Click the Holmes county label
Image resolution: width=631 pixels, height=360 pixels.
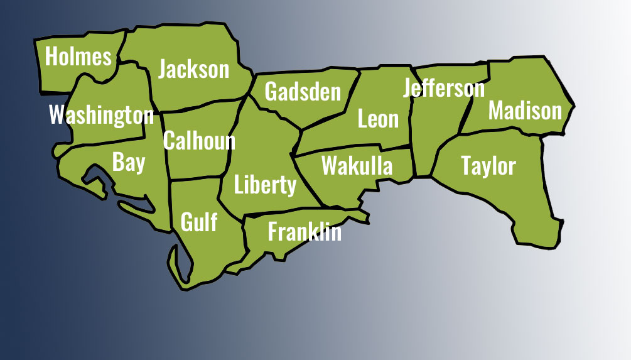tap(78, 57)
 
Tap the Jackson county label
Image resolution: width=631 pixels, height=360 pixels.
tap(194, 69)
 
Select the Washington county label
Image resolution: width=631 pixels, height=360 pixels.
tap(101, 115)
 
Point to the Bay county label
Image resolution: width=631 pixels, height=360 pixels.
tap(129, 162)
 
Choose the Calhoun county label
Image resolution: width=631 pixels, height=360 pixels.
tap(199, 141)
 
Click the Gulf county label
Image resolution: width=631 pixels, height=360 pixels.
tap(199, 221)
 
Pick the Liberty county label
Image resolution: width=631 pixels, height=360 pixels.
tap(265, 185)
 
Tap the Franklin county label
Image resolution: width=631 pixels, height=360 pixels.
tap(305, 232)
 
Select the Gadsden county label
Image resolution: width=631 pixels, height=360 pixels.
tap(303, 92)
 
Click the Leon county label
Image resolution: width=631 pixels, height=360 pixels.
tap(378, 119)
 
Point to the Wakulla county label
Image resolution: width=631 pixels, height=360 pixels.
tap(357, 166)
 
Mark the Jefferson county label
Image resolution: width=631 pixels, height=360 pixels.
tap(444, 89)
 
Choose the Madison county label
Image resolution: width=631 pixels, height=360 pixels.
tap(525, 111)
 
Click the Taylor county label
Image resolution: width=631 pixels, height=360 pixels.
tap(488, 166)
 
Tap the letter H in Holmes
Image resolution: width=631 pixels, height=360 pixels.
tap(52, 57)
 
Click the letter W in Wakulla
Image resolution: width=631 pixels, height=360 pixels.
tap(329, 166)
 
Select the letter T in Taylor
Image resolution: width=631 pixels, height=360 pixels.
tap(467, 166)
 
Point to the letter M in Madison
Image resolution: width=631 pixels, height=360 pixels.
tap(497, 111)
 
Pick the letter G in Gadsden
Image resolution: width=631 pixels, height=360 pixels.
tap(271, 92)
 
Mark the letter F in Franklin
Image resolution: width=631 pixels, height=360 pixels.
tap(272, 232)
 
